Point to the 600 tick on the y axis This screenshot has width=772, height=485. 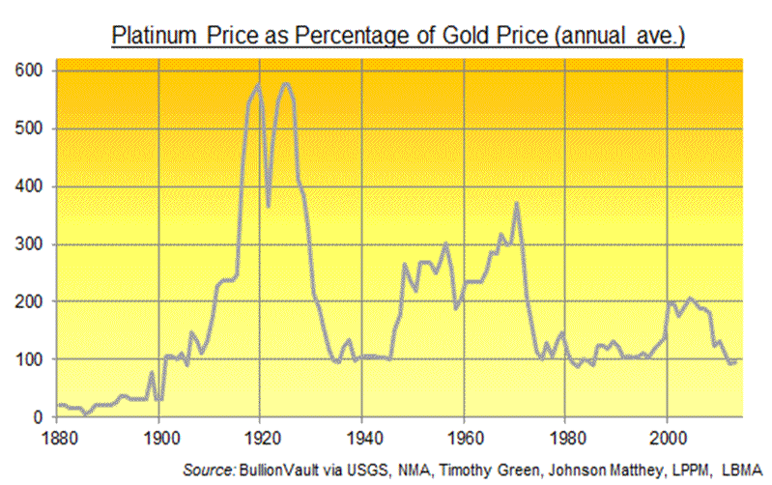(29, 71)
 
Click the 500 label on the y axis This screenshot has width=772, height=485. (29, 128)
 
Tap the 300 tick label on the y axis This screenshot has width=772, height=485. (29, 243)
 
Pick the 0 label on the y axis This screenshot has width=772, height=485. (37, 417)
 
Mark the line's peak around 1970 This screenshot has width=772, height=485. (517, 203)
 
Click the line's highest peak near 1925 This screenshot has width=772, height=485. (286, 84)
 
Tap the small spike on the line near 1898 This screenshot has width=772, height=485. (152, 373)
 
